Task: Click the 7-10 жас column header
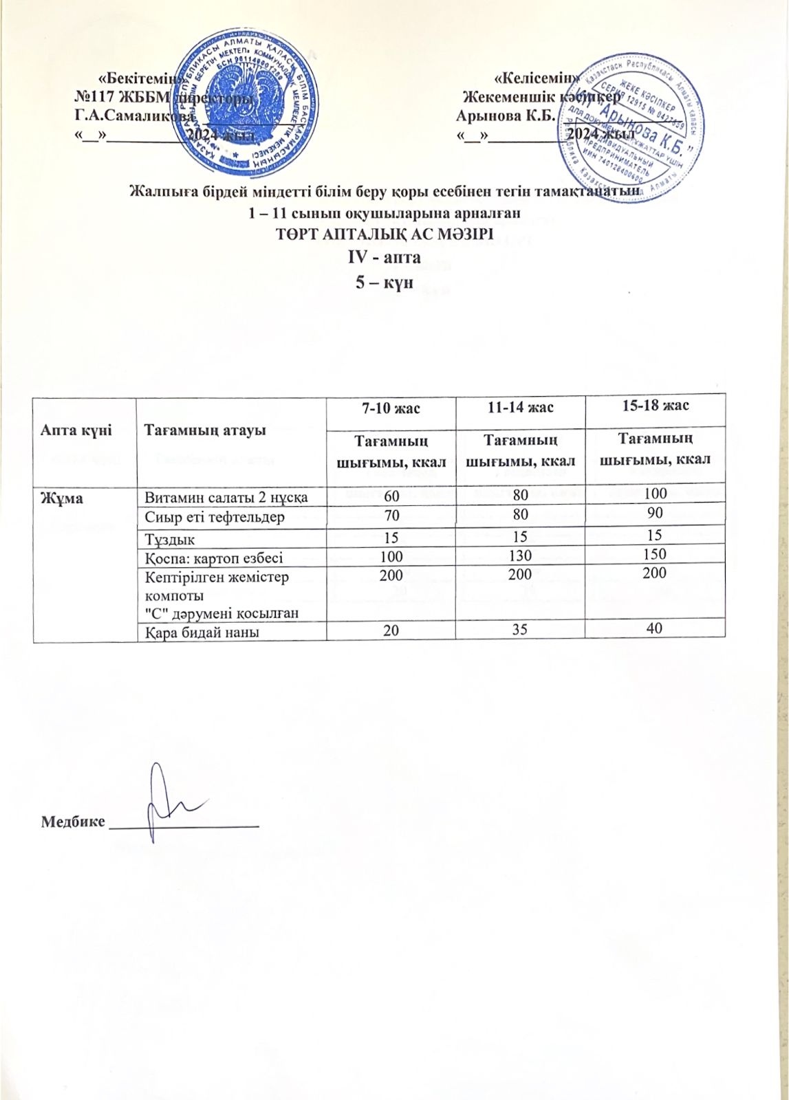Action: coord(390,408)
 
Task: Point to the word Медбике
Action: coord(73,821)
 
